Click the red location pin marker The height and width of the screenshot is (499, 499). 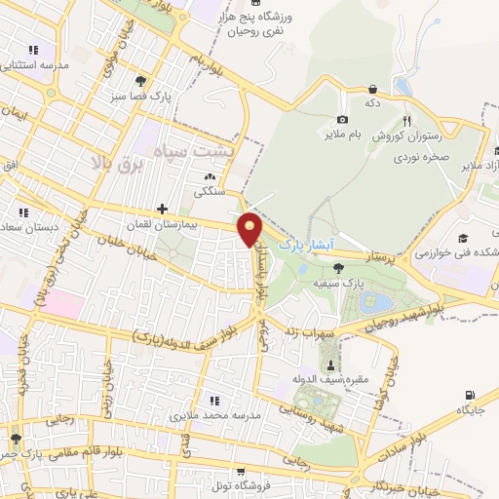(251, 230)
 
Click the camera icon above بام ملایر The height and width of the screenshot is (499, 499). (342, 119)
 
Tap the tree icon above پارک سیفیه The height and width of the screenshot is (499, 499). (338, 267)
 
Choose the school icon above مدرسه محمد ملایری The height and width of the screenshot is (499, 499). (213, 401)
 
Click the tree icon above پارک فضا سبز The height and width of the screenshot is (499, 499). (141, 81)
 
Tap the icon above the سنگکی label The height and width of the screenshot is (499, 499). (209, 176)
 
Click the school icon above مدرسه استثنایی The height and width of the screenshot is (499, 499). (33, 49)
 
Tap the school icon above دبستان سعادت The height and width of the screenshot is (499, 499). (23, 211)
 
